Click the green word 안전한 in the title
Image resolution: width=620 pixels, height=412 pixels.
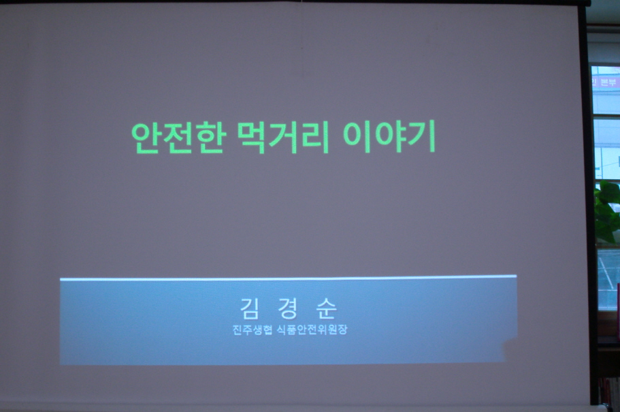pyautogui.click(x=179, y=138)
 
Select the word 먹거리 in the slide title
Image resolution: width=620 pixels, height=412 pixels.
pyautogui.click(x=283, y=138)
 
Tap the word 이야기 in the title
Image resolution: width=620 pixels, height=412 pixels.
pyautogui.click(x=389, y=137)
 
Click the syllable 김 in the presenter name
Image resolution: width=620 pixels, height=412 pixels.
pyautogui.click(x=250, y=308)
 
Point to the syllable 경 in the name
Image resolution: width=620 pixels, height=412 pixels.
pyautogui.click(x=288, y=308)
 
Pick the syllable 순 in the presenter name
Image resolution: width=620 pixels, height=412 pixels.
pyautogui.click(x=327, y=308)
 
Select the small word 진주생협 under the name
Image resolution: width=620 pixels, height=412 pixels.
pyautogui.click(x=252, y=330)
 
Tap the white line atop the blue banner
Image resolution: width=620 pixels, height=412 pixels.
pyautogui.click(x=289, y=278)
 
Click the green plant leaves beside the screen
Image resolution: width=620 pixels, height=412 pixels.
pyautogui.click(x=606, y=212)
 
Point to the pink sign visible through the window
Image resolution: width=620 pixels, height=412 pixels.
pyautogui.click(x=606, y=81)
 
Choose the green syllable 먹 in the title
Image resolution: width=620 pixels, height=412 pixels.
pyautogui.click(x=252, y=138)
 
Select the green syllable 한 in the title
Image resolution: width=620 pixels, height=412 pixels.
pyautogui.click(x=212, y=138)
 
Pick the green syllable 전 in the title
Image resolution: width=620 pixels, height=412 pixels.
pyautogui.click(x=179, y=138)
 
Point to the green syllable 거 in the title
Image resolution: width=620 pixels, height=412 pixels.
pyautogui.click(x=283, y=138)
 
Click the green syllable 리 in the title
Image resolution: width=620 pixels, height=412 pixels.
pyautogui.click(x=315, y=138)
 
